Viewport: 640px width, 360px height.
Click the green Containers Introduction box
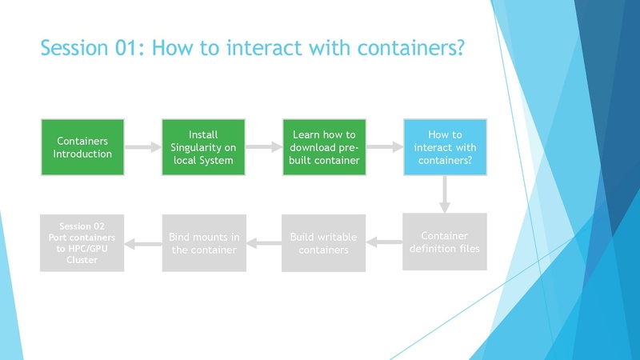click(82, 147)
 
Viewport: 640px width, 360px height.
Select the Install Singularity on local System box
click(202, 147)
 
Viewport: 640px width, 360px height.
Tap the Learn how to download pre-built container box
click(324, 147)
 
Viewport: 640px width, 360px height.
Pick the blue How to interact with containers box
click(444, 147)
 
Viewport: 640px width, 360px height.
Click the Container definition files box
click(444, 242)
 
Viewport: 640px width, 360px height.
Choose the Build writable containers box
click(324, 242)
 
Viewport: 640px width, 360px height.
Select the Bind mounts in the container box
click(202, 242)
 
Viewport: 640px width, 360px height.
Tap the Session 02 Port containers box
click(82, 242)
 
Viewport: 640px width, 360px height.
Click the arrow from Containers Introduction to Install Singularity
click(142, 147)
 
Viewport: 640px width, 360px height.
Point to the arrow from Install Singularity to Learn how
click(263, 147)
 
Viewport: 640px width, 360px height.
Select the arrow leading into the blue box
click(384, 147)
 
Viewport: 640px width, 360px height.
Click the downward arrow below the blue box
click(444, 194)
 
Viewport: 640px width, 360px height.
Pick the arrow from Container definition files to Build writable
click(384, 242)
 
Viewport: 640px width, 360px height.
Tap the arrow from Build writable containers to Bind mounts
click(263, 242)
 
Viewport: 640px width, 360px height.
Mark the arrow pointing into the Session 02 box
click(142, 242)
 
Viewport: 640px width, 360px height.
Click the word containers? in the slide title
click(411, 47)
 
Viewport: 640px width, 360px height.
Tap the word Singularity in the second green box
click(202, 147)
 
